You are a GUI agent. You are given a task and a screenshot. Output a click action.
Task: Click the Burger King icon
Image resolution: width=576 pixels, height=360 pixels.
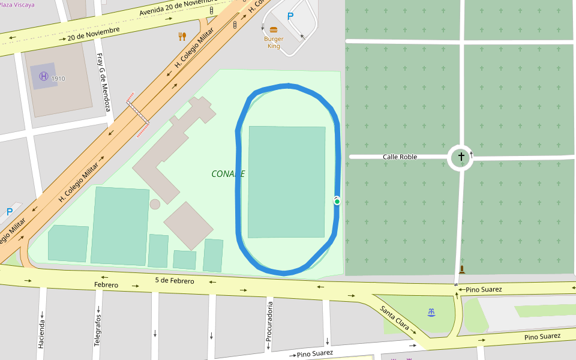[x=274, y=29]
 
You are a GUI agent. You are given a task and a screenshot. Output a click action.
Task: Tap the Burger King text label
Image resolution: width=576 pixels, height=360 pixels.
[x=274, y=43]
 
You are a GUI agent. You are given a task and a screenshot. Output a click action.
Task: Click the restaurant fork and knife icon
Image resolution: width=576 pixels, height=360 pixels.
[x=182, y=36]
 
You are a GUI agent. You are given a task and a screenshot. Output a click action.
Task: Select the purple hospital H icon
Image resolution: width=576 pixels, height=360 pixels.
[x=43, y=76]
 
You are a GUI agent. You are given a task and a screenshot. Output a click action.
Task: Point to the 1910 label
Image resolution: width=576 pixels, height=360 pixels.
[x=58, y=79]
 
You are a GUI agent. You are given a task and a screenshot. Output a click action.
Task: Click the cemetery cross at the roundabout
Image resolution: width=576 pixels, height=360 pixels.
[x=461, y=157]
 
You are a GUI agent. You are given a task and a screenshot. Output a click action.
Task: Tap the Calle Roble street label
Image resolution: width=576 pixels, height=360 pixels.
[x=400, y=157]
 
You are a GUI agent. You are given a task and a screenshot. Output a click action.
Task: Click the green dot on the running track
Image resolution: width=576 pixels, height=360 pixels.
[x=337, y=202]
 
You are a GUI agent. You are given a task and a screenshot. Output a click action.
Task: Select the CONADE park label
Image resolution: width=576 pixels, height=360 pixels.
[x=228, y=174]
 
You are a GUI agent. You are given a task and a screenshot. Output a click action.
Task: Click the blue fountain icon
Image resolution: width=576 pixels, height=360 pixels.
[x=431, y=312]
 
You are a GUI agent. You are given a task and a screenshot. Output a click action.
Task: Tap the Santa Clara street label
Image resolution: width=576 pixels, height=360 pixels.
[x=395, y=318]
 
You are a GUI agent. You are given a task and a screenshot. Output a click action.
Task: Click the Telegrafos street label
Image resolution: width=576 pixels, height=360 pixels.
[x=97, y=331]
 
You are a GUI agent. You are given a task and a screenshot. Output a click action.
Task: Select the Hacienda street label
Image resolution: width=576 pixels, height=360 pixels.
[x=41, y=334]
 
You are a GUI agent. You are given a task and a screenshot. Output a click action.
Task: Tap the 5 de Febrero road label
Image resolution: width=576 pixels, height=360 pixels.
[x=174, y=281]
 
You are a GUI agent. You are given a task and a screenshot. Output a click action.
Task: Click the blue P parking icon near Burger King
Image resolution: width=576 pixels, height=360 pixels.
[x=290, y=17]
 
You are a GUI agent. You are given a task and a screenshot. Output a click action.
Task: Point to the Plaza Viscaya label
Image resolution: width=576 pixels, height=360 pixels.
[x=17, y=4]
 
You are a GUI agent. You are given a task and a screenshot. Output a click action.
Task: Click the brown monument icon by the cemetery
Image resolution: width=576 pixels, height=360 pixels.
[x=461, y=269]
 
